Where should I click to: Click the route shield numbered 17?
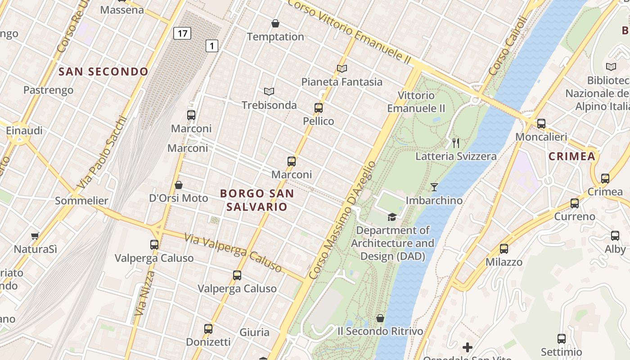click(x=182, y=33)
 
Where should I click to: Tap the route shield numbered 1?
click(x=212, y=45)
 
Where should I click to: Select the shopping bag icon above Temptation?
click(x=275, y=23)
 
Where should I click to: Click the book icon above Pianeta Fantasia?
click(x=342, y=68)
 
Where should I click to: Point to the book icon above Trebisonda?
click(x=269, y=92)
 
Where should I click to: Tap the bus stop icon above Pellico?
click(x=319, y=108)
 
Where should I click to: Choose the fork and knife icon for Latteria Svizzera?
click(x=456, y=143)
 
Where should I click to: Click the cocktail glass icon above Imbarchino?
click(x=434, y=187)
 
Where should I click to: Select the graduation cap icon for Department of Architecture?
click(x=392, y=217)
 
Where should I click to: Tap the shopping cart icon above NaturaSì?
click(x=35, y=236)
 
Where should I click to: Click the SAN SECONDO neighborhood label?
click(x=103, y=72)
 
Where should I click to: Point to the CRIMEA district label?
click(x=572, y=156)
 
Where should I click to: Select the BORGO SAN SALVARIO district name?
click(x=256, y=200)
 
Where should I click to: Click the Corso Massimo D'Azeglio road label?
click(x=342, y=220)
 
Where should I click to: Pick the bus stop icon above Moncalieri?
click(x=541, y=123)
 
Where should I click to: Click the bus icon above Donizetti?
click(x=208, y=328)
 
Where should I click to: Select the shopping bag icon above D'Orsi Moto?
click(x=179, y=185)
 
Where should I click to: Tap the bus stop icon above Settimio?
click(x=562, y=339)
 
